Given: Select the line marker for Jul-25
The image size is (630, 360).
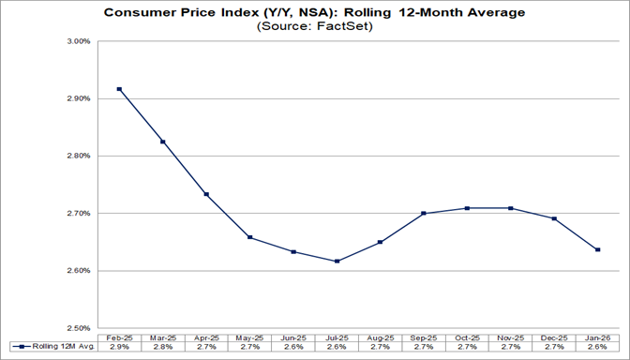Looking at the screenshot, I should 336,261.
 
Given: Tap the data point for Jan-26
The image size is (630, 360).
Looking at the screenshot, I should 597,249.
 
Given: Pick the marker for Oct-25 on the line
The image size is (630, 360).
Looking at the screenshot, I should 467,208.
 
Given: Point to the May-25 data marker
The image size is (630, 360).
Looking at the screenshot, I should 248,237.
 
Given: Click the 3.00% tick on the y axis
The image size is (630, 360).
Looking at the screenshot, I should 77,41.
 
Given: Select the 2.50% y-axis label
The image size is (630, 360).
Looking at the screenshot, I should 77,328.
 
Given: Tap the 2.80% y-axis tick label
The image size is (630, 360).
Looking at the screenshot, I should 77,156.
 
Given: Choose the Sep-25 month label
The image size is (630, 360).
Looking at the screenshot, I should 424,337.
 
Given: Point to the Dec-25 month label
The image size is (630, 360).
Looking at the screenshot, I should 554,337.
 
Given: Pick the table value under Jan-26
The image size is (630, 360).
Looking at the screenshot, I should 597,348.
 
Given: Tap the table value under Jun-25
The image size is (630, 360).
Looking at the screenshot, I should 292,348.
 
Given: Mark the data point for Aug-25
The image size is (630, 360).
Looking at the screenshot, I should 380,242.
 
